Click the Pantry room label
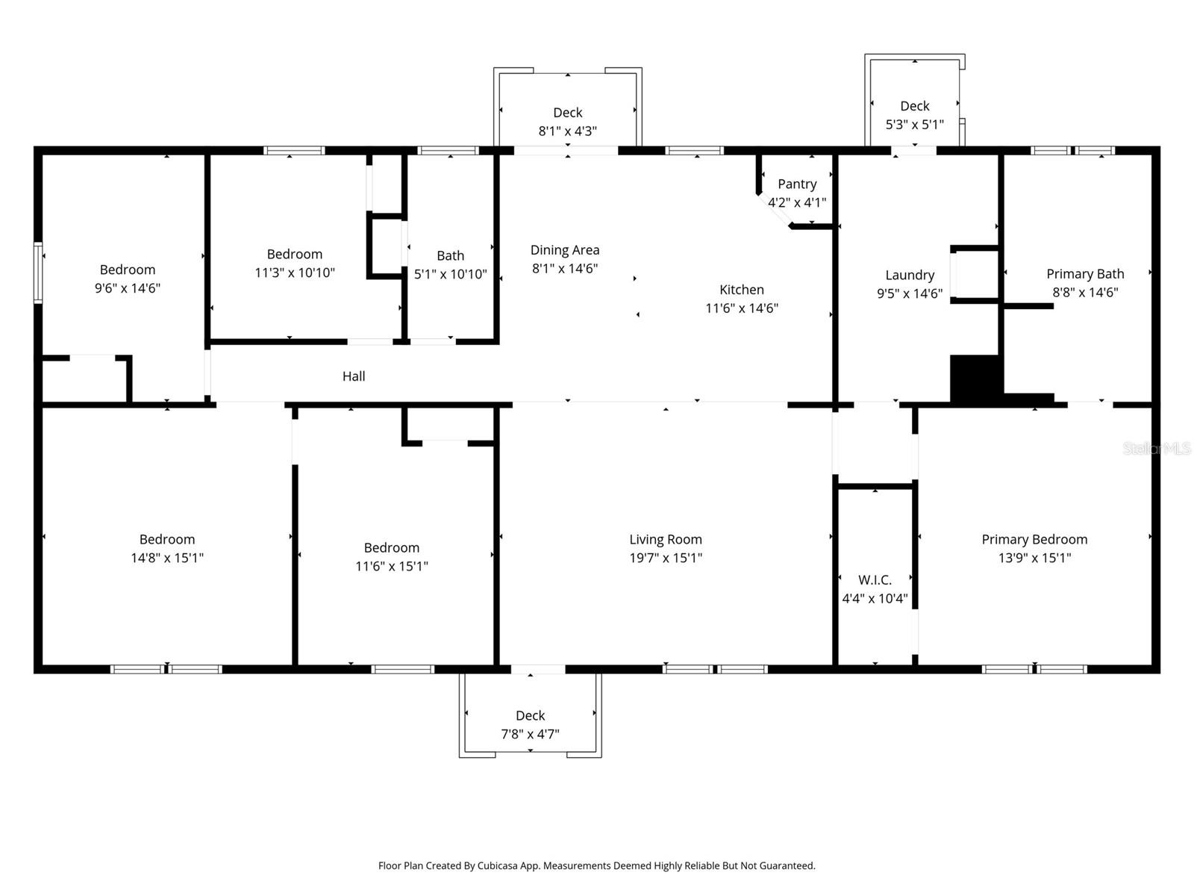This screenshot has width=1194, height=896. pos(797,184)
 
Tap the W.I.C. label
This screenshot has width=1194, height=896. pos(875,580)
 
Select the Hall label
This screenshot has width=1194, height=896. pos(354,376)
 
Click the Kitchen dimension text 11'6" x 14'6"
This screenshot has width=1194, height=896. pos(742,308)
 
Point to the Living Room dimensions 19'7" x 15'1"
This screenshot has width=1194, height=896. pos(665,558)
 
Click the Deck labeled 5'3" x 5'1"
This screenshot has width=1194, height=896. pos(914,106)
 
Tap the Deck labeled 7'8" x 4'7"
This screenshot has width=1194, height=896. pos(530,716)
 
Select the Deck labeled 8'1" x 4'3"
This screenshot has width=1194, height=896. pos(567,113)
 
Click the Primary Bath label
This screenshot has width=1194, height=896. pos(1084,274)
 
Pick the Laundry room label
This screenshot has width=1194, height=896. pos(909,276)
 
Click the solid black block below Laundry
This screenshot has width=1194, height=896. pos(974,379)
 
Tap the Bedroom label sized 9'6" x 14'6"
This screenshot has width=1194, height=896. pos(128,270)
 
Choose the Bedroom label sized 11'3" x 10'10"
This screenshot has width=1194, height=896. pos(295,255)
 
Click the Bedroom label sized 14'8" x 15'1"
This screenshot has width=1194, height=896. pos(167,540)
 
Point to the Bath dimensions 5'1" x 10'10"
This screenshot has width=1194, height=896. pos(450,274)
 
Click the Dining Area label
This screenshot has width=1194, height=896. pos(565,250)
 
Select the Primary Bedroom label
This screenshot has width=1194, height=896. pos(1034,540)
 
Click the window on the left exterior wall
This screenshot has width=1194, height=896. pos(38,273)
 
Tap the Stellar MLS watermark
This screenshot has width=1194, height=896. pos(1156,448)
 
